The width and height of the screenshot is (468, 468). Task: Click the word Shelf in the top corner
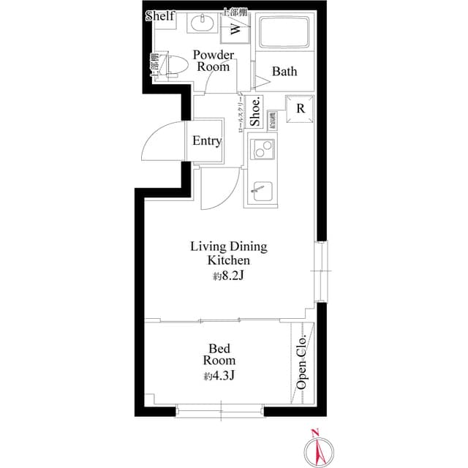(160, 16)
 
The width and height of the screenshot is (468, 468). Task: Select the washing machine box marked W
(236, 29)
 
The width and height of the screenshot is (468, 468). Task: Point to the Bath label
(284, 72)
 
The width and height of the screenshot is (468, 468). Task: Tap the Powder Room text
(214, 61)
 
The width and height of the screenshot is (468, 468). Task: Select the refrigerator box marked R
(301, 108)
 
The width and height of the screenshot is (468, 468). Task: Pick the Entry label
(207, 141)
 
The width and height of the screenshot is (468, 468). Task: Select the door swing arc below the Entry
(219, 189)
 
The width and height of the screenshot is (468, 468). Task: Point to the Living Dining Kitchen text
(229, 253)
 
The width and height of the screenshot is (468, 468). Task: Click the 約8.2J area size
(229, 276)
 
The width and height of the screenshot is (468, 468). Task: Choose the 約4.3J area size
(219, 377)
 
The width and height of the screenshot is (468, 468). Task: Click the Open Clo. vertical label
(301, 362)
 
